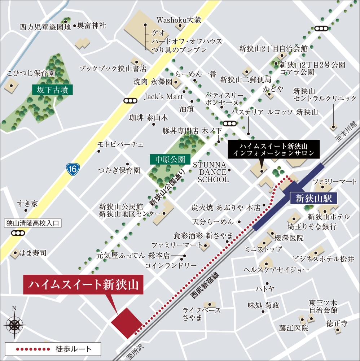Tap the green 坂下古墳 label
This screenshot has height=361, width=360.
pyautogui.click(x=53, y=90)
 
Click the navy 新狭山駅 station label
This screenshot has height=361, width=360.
pyautogui.click(x=313, y=198)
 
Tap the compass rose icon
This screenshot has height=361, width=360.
pyautogui.click(x=14, y=324)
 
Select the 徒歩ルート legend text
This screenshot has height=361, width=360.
pyautogui.click(x=74, y=349)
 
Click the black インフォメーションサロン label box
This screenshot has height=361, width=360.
pyautogui.click(x=274, y=149)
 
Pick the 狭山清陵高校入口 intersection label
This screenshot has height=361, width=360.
pyautogui.click(x=33, y=223)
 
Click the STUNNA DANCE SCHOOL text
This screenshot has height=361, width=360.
pyautogui.click(x=213, y=172)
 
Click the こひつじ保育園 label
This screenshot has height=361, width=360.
pyautogui.click(x=31, y=73)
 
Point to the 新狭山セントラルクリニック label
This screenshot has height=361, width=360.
pyautogui.click(x=325, y=95)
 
